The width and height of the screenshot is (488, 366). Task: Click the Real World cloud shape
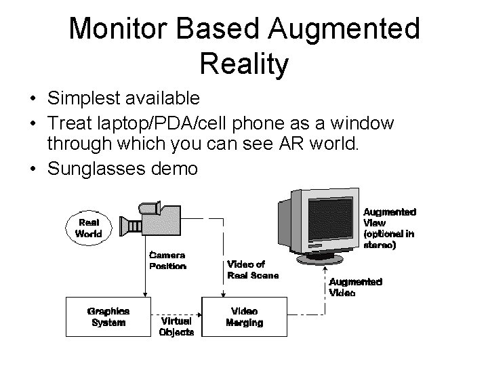pos(89,228)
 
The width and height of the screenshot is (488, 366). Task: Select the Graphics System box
pos(108,316)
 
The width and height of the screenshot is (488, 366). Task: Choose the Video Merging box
pos(244,316)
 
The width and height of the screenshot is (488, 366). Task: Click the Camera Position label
pos(167,261)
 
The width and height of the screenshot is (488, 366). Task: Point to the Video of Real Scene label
pos(252,269)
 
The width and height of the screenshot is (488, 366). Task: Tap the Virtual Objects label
pos(176,326)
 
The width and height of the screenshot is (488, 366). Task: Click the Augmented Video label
pos(355,287)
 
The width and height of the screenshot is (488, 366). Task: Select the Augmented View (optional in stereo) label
pos(389,229)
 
